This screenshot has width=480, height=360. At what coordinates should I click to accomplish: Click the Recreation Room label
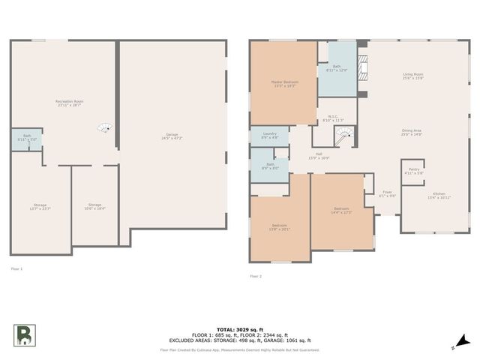69,103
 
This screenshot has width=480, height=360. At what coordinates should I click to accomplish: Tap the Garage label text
172,136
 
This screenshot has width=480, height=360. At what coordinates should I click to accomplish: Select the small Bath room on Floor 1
26,138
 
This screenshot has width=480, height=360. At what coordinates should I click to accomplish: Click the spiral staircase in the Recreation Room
106,127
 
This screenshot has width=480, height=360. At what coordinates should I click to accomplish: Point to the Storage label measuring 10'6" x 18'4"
94,205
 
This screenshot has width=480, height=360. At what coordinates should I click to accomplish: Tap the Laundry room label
269,136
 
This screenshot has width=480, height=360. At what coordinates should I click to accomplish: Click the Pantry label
414,171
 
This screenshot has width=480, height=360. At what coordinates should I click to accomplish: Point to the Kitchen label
439,196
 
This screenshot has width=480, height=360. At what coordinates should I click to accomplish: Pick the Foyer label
387,193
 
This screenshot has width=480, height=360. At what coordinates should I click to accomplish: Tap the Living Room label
413,76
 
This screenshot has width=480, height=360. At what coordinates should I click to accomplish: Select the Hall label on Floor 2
319,156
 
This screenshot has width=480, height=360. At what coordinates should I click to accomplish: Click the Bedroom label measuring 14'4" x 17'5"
341,210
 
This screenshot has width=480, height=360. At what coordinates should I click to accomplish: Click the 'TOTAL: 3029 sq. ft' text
239,328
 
